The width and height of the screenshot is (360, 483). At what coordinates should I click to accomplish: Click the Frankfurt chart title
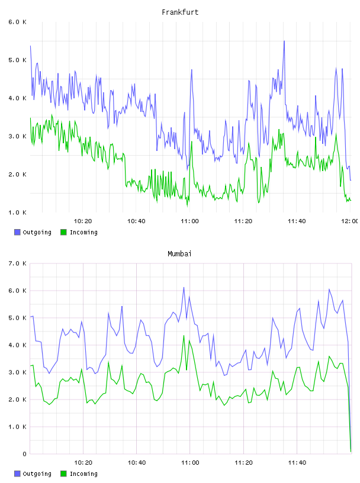[x=180, y=12]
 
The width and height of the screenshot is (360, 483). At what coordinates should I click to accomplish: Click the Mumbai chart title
[x=179, y=254]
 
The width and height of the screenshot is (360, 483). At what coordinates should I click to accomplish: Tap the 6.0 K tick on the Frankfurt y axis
[x=17, y=22]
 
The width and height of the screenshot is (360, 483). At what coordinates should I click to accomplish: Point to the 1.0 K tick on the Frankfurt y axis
[x=17, y=212]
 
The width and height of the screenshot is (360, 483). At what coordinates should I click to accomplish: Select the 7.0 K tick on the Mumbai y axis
[x=17, y=263]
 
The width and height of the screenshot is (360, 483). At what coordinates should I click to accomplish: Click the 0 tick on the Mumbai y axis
[x=24, y=454]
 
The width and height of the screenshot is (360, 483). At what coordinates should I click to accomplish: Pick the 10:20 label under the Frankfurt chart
[x=83, y=221]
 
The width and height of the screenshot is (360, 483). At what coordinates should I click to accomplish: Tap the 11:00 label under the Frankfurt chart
[x=190, y=221]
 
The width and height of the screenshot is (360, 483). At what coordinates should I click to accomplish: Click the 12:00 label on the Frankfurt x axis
[x=350, y=221]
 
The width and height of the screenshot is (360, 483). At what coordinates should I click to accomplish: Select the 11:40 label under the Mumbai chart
[x=297, y=463]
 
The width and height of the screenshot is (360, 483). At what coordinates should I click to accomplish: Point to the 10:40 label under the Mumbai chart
[x=137, y=463]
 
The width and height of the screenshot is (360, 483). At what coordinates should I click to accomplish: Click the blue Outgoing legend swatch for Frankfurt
[x=17, y=232]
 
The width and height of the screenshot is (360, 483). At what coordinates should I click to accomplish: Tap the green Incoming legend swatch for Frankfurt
[x=63, y=232]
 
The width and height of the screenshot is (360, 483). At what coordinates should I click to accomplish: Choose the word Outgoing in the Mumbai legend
[x=37, y=474]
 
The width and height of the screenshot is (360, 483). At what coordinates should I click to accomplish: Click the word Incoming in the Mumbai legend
[x=83, y=474]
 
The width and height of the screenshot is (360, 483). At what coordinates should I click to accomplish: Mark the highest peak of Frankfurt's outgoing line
[x=284, y=41]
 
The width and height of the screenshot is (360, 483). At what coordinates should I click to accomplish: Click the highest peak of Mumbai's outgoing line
[x=184, y=288]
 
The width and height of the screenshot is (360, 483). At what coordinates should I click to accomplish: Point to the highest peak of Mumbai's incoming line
[x=184, y=336]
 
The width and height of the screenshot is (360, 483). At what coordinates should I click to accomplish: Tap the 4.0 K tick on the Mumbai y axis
[x=17, y=345]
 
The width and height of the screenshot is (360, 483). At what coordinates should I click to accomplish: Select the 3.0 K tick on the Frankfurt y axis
[x=17, y=136]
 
